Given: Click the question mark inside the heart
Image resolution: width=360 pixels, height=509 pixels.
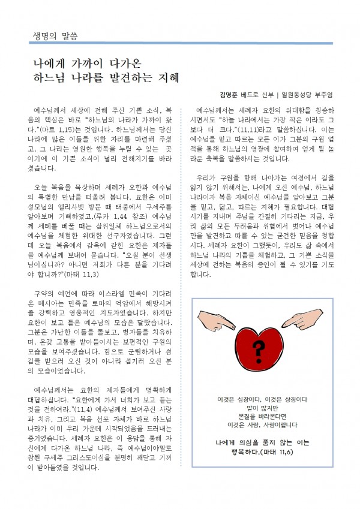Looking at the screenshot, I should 259,347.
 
